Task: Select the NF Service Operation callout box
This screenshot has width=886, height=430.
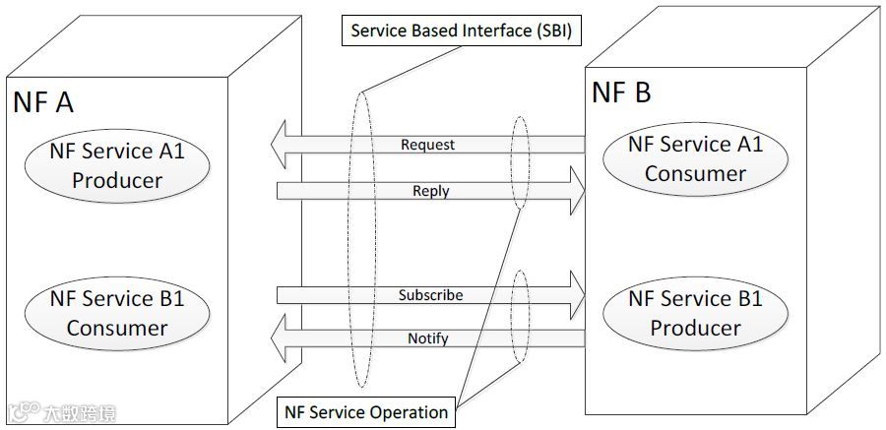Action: [365, 412]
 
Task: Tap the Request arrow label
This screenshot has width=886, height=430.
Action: [427, 145]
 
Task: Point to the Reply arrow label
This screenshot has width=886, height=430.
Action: [430, 191]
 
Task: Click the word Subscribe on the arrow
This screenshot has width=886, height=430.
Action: [430, 295]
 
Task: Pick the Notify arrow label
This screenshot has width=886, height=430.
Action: [427, 338]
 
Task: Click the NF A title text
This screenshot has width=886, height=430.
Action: [43, 101]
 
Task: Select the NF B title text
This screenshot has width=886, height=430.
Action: [620, 92]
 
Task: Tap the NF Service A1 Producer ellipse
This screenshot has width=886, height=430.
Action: [117, 165]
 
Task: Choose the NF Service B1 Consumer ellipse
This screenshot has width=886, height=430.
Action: [117, 313]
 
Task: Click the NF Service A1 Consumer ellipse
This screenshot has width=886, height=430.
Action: [695, 159]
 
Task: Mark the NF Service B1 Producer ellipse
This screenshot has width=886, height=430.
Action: [695, 312]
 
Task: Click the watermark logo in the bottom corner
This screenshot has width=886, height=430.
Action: [24, 413]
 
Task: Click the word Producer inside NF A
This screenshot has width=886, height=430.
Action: [117, 180]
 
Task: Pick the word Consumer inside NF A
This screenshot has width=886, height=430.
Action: [117, 328]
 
